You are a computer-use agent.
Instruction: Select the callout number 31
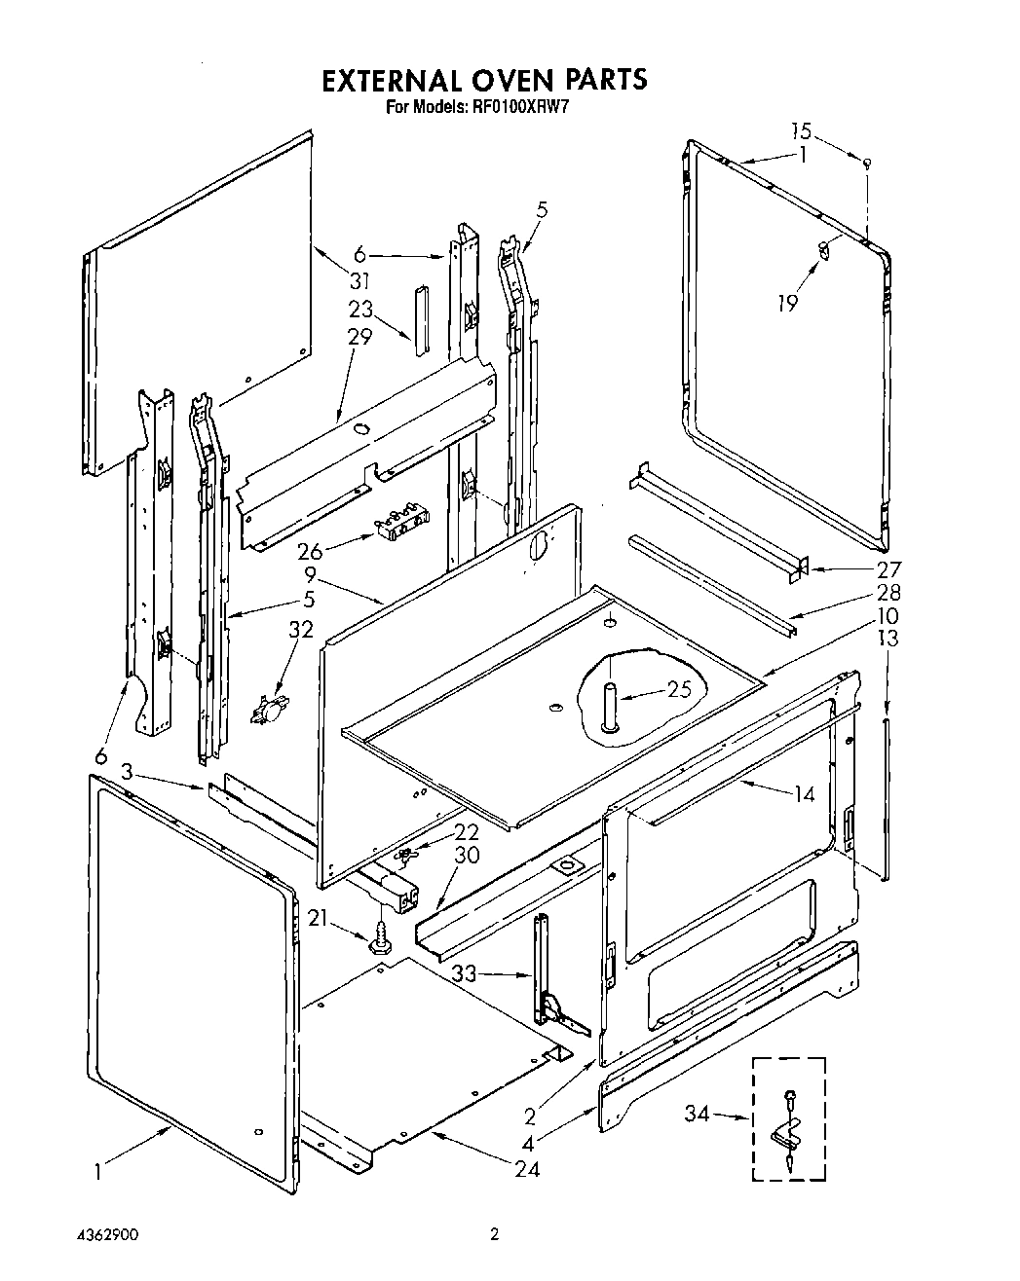pos(360,281)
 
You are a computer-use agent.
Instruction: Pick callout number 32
pos(301,630)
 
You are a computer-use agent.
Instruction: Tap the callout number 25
pos(679,690)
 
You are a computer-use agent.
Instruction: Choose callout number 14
pos(803,794)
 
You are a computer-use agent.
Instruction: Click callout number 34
pos(698,1115)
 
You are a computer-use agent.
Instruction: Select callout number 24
pos(526,1169)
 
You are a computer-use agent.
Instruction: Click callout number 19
pos(788,304)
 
